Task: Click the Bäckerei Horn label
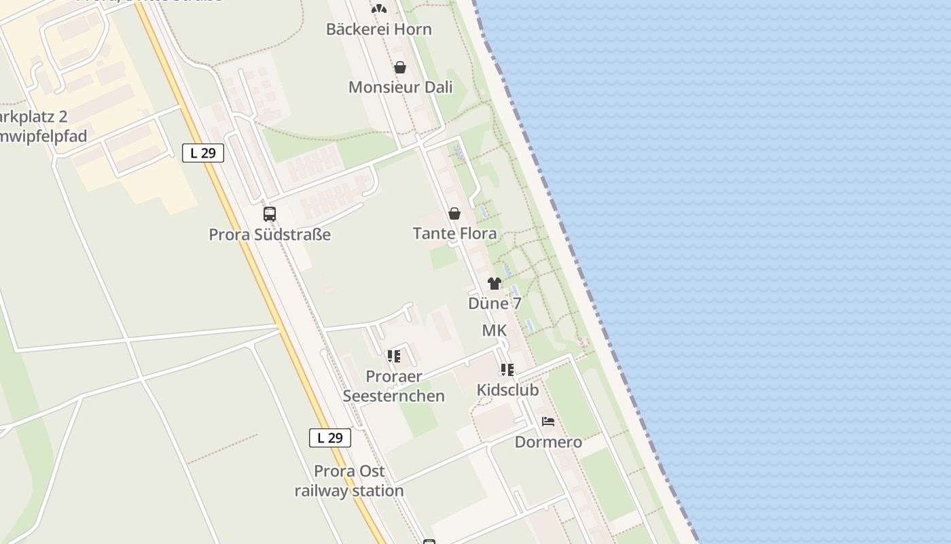coord(378,29)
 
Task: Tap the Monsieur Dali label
coord(400,87)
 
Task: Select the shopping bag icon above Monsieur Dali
coord(400,67)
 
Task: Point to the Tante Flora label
coord(454,233)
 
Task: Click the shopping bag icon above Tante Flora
coord(454,214)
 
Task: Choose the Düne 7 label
coord(495,303)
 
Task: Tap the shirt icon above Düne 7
coord(495,284)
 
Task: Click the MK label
coord(494,330)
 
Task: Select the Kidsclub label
coord(507,390)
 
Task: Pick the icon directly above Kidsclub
coord(507,370)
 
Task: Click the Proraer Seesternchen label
coord(394,386)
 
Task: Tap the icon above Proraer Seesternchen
coord(393,356)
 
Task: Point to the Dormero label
coord(548,442)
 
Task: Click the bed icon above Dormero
coord(548,422)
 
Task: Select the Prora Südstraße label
coord(270,235)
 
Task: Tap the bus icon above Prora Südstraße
coord(270,214)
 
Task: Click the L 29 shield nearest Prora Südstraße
coord(203,153)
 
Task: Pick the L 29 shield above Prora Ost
coord(330,438)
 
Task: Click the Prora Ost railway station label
coord(349,481)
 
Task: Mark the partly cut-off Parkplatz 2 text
coord(34,117)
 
